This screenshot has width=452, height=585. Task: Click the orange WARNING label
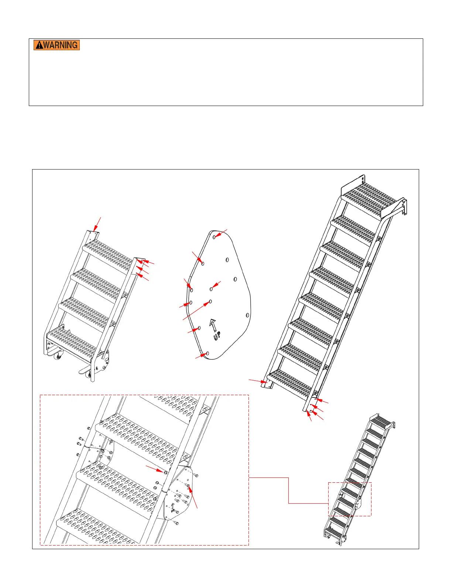pyautogui.click(x=56, y=45)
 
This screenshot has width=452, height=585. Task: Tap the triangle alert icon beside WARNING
pyautogui.click(x=39, y=45)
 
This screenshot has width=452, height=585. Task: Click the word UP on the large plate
pyautogui.click(x=217, y=336)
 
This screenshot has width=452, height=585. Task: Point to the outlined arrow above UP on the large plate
pyautogui.click(x=213, y=325)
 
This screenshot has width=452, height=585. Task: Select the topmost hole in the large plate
pyautogui.click(x=214, y=237)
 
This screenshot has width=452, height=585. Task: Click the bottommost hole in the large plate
pyautogui.click(x=207, y=353)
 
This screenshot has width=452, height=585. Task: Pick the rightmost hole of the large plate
pyautogui.click(x=247, y=315)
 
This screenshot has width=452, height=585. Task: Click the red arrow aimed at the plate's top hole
pyautogui.click(x=221, y=233)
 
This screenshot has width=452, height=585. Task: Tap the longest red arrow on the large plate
pyautogui.click(x=196, y=310)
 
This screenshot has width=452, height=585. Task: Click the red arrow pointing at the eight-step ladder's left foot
pyautogui.click(x=258, y=381)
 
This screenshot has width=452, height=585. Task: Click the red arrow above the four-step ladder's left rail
pyautogui.click(x=97, y=224)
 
